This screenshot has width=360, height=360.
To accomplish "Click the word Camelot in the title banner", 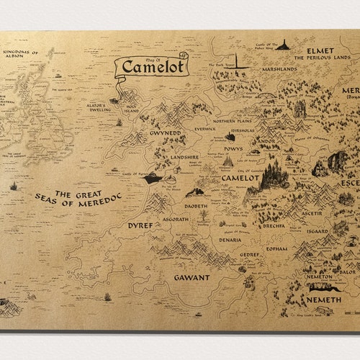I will pos(153,67).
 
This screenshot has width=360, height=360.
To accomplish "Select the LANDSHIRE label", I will pos(184,157).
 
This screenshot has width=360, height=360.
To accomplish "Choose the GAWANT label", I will pos(192,277).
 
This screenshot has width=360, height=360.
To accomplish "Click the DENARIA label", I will pos(230,240).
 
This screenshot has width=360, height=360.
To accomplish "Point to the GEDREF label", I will pos(250,254).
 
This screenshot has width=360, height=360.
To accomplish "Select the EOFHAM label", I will pos(276,249).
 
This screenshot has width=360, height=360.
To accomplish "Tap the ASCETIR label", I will pos(311,213).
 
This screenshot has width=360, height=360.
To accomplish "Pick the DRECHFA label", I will pos(274,225).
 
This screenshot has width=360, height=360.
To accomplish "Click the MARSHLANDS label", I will pos(279,69).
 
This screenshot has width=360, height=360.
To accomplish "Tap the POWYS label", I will pos(233,149).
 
